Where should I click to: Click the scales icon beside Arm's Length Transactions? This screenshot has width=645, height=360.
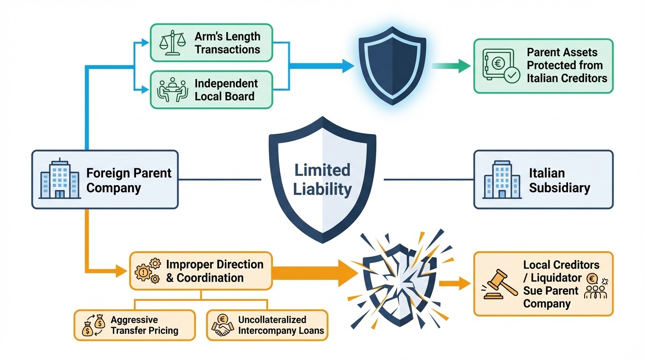[x=170, y=43]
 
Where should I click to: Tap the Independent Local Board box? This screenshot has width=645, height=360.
[x=211, y=90]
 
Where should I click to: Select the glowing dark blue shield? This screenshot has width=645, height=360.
[x=392, y=65]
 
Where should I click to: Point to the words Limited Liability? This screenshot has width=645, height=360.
[x=322, y=180]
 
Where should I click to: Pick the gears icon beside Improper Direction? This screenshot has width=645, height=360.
[x=147, y=270]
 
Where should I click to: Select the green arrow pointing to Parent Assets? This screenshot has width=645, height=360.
[x=450, y=66]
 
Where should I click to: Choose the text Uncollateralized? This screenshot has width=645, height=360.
[x=272, y=320]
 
